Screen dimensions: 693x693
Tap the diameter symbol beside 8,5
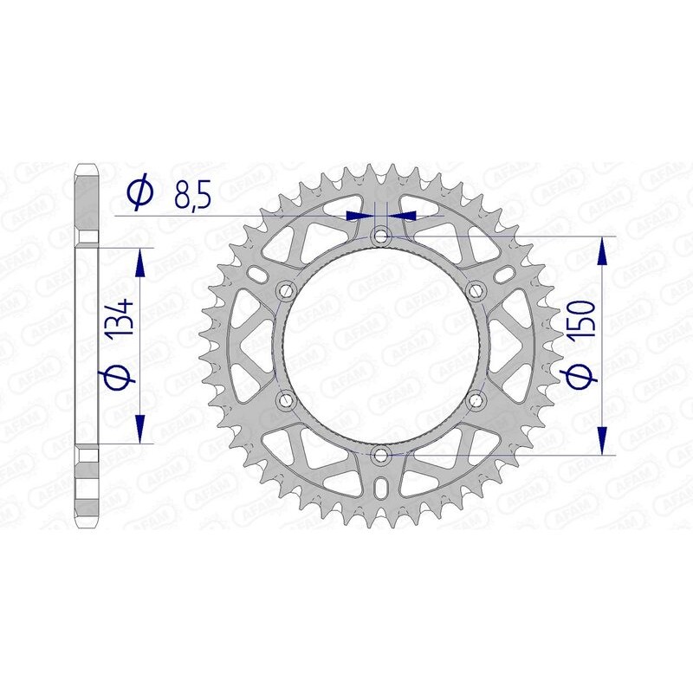[x=139, y=193]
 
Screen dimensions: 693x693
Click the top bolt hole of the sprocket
[x=381, y=236]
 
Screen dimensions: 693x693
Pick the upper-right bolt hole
[x=475, y=290]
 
